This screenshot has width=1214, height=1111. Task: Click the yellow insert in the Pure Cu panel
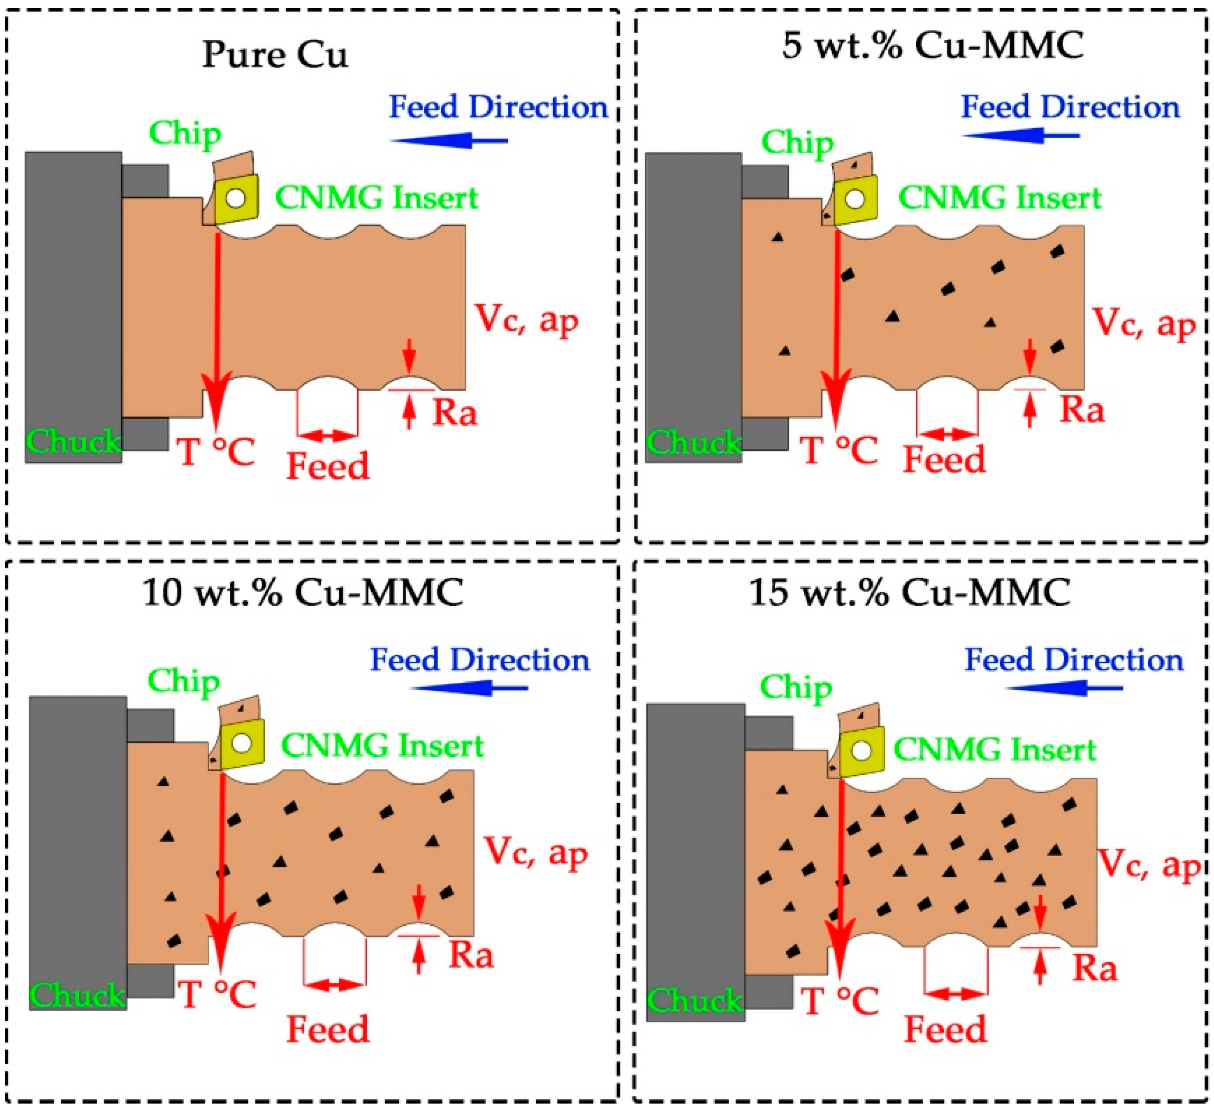pyautogui.click(x=237, y=199)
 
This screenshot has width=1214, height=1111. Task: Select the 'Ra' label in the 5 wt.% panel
pyautogui.click(x=1082, y=410)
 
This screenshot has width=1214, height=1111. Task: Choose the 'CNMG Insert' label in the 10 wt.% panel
pyautogui.click(x=382, y=746)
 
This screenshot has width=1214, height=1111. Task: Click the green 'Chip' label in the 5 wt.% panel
pyautogui.click(x=797, y=143)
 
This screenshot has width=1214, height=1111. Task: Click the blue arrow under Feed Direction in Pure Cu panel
pyautogui.click(x=449, y=141)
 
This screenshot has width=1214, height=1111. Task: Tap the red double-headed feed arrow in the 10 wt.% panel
pyautogui.click(x=335, y=984)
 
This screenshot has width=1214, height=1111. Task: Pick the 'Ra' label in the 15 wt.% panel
pyautogui.click(x=1094, y=968)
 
